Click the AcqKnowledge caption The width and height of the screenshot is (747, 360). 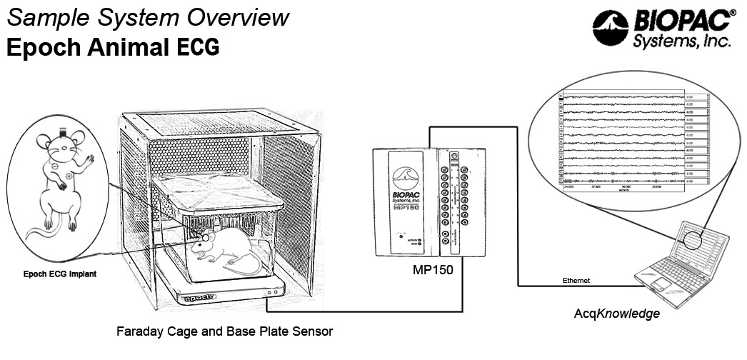click(617, 314)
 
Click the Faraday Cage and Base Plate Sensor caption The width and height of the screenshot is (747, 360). click(224, 331)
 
